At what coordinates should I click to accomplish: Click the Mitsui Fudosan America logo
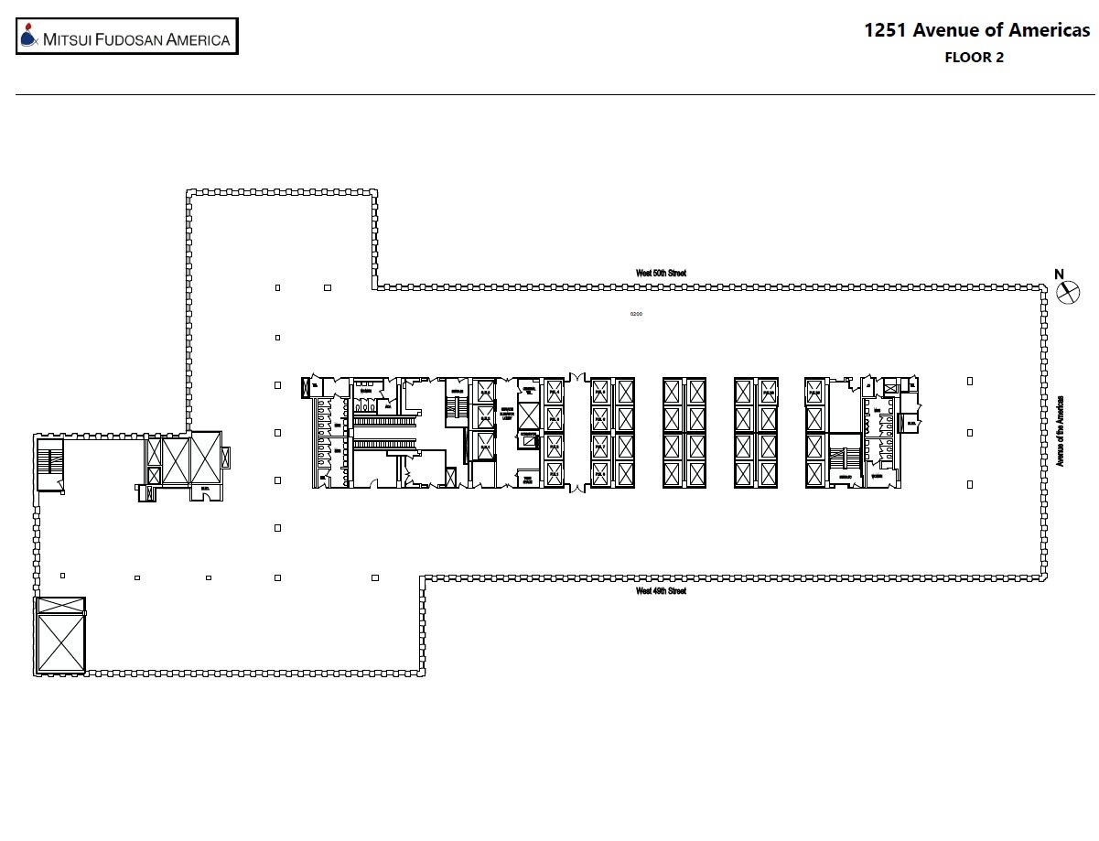coord(127,38)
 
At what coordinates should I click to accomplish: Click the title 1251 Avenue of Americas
coord(976,30)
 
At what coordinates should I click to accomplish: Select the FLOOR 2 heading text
coord(974,58)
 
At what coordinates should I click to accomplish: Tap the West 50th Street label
coord(661,273)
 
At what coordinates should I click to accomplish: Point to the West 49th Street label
coord(661,591)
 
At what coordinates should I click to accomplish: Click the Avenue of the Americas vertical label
coord(1061,431)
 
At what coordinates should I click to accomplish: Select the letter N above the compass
coord(1059,274)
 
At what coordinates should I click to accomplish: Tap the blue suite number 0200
coord(636,314)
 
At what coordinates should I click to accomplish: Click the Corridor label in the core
coord(528,434)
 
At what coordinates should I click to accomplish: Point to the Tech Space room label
coord(527,478)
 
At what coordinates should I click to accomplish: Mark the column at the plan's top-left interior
coord(278,288)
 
